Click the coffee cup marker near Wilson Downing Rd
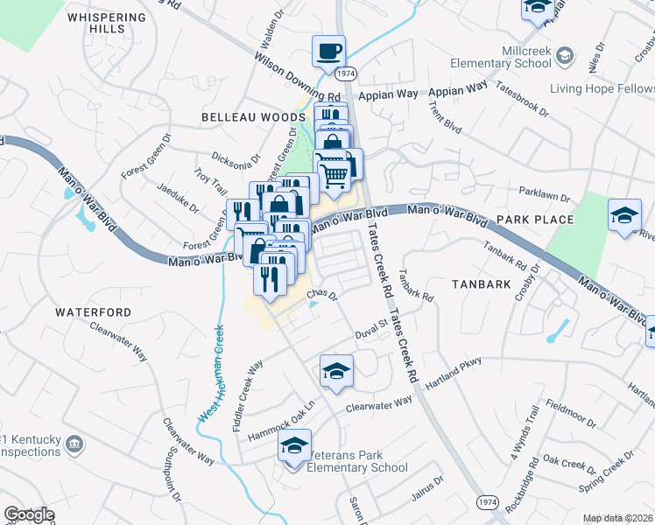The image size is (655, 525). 329,52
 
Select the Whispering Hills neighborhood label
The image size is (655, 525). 107,23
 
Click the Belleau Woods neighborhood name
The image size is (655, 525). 240,116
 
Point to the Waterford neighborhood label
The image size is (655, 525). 93,311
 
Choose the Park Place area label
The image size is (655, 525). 534,220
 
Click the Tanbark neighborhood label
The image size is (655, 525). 481,284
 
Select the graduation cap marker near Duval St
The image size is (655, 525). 336,371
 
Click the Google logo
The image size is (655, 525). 29,514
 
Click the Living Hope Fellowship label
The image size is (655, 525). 602,88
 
